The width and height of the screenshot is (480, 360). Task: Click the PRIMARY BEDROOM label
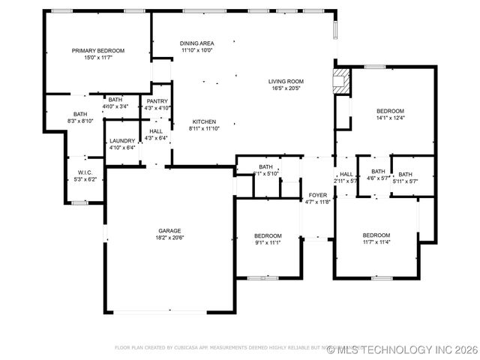click(97, 50)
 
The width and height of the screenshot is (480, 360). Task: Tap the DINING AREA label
click(196, 43)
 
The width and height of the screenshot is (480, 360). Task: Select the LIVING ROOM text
click(286, 81)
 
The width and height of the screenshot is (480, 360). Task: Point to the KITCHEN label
click(204, 121)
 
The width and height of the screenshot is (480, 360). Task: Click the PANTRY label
click(157, 101)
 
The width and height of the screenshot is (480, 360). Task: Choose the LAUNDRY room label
click(122, 141)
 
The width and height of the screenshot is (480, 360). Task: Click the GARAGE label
click(169, 230)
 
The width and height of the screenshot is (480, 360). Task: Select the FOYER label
click(318, 194)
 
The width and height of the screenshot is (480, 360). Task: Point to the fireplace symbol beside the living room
click(341, 81)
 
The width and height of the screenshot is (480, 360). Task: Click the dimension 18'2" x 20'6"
click(169, 238)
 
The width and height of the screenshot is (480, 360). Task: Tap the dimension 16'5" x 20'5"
click(286, 88)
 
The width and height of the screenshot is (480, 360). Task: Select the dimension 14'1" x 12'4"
click(390, 118)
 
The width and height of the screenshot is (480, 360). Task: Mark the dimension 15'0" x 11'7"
click(97, 58)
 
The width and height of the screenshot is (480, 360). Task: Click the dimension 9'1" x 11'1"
click(268, 242)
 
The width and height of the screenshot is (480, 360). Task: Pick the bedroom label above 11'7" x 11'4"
click(376, 235)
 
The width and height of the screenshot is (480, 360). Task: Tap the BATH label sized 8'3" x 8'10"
click(81, 114)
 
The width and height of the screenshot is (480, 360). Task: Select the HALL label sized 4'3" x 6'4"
click(156, 131)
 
